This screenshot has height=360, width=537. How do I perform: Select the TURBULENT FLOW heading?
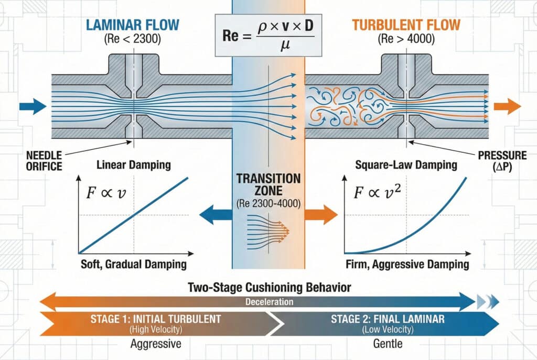tap(406, 24)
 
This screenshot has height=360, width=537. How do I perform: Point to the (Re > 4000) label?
tap(406, 39)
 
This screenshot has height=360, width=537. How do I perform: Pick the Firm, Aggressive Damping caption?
tap(407, 264)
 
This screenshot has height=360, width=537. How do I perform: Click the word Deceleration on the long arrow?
tap(268, 302)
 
